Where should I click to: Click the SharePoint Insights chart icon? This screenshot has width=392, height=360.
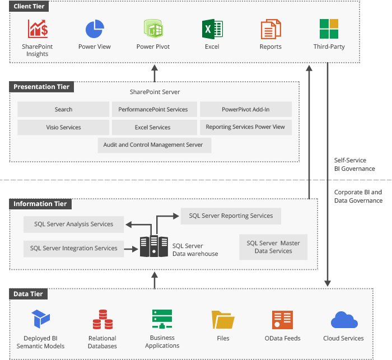tap(38, 28)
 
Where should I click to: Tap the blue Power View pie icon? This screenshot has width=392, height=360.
tap(95, 28)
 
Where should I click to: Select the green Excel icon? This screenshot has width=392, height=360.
tap(212, 28)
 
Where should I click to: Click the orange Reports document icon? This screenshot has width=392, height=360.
tap(270, 29)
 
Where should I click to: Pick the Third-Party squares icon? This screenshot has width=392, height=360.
tap(329, 28)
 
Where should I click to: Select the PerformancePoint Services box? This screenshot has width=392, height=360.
tap(153, 109)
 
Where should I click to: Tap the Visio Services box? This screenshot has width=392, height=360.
tap(63, 127)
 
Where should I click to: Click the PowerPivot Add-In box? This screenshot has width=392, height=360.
tap(245, 109)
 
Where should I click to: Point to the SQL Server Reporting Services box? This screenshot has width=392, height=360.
tap(231, 216)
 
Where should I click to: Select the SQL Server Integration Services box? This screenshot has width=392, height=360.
tap(73, 248)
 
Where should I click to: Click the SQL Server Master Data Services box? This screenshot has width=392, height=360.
tap(273, 247)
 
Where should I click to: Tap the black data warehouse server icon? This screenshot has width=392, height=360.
tap(154, 246)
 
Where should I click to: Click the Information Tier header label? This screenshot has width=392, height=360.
tap(40, 204)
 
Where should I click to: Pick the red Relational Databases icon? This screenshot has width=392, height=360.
tap(102, 320)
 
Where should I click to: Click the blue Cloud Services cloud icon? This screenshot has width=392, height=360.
tap(344, 320)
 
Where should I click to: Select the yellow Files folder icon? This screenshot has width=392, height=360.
tap(223, 320)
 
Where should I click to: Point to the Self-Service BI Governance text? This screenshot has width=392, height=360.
tap(354, 164)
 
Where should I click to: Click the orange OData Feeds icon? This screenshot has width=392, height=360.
tap(282, 320)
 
